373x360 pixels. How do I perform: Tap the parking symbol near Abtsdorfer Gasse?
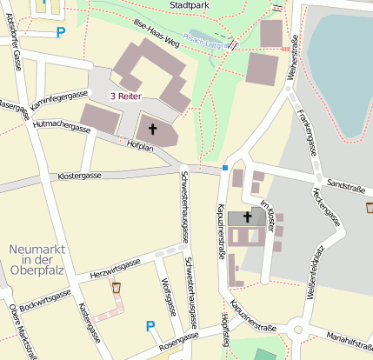coord(60,33)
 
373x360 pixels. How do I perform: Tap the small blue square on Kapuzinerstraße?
coord(225,167)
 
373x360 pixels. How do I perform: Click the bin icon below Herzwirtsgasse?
coord(117,287)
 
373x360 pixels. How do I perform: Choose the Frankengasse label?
coord(308,130)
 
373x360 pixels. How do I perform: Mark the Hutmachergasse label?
coord(62,128)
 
